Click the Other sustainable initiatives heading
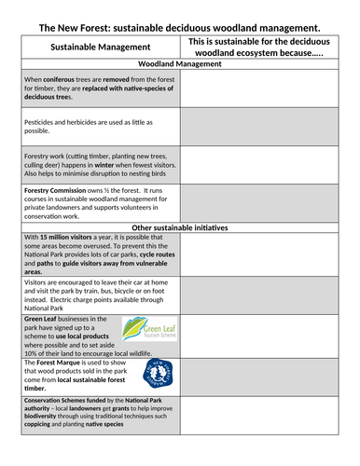180,227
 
